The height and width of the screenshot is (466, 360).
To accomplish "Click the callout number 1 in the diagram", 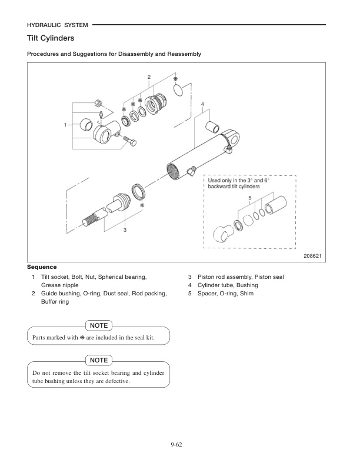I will pyautogui.click(x=65, y=125).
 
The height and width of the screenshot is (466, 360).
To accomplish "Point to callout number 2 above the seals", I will pyautogui.click(x=149, y=77).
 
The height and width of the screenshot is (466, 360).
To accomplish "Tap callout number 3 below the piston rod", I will pyautogui.click(x=125, y=229).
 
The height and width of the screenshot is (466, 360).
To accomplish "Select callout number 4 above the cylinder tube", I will pyautogui.click(x=202, y=104).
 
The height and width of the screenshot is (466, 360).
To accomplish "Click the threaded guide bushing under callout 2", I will pyautogui.click(x=157, y=105).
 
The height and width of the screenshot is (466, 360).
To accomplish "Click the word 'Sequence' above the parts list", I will pyautogui.click(x=42, y=267).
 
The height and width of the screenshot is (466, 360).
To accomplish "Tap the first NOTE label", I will pyautogui.click(x=98, y=325).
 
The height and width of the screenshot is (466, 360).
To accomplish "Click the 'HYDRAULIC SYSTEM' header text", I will pyautogui.click(x=58, y=25).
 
